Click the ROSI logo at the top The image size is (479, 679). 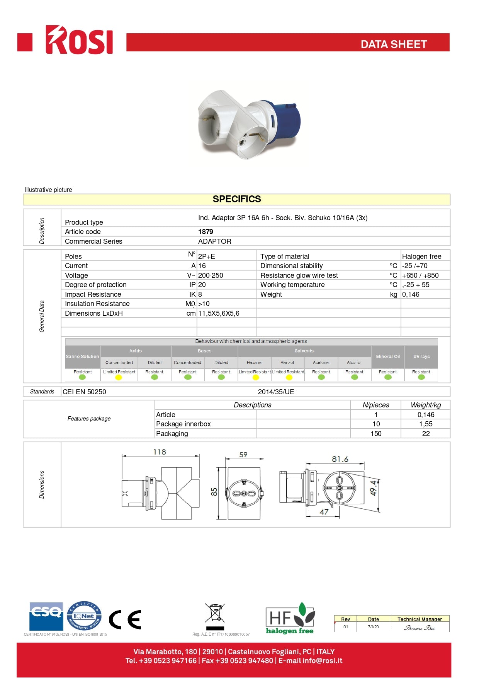pyautogui.click(x=79, y=40)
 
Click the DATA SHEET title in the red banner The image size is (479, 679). pyautogui.click(x=393, y=44)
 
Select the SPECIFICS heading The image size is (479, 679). pyautogui.click(x=237, y=199)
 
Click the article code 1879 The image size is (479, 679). pyautogui.click(x=206, y=232)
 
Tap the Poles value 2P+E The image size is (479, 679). pyautogui.click(x=207, y=257)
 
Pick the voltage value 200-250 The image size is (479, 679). pyautogui.click(x=211, y=275)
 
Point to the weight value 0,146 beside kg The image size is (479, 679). pyautogui.click(x=411, y=294)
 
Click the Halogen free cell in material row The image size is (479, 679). pyautogui.click(x=421, y=257)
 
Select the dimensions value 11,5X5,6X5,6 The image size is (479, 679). pyautogui.click(x=219, y=313)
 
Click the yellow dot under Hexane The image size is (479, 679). pyautogui.click(x=255, y=377)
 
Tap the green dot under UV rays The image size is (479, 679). pyautogui.click(x=421, y=377)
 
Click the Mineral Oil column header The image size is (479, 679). pyautogui.click(x=388, y=356)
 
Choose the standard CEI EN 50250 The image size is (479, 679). pyautogui.click(x=84, y=392)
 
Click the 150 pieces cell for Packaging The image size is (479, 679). pyautogui.click(x=376, y=434)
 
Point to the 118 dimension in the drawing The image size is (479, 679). pyautogui.click(x=160, y=452)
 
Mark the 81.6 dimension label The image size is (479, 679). pyautogui.click(x=340, y=459)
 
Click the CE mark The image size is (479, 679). pyautogui.click(x=125, y=620)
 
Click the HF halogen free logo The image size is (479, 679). pyautogui.click(x=290, y=618)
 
